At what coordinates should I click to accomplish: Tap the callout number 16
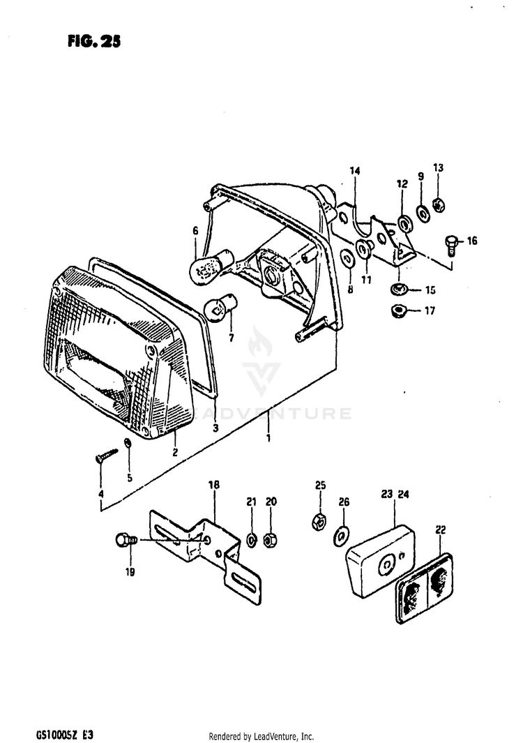(x=472, y=241)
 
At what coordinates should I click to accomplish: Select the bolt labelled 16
(x=450, y=244)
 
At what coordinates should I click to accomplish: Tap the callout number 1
(x=268, y=438)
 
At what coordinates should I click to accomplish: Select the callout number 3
(x=215, y=429)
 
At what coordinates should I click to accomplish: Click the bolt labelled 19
(x=124, y=540)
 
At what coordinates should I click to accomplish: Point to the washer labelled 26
(x=342, y=534)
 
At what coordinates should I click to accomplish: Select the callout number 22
(x=440, y=530)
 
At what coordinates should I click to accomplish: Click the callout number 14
(x=354, y=170)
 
